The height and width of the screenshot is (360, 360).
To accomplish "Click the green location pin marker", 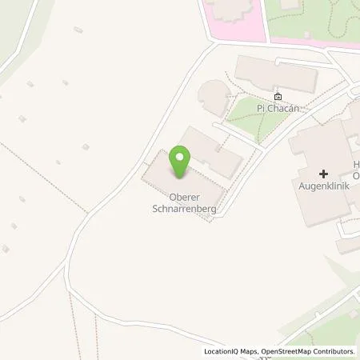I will pyautogui.click(x=180, y=162).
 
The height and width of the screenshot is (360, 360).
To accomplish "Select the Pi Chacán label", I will pyautogui.click(x=277, y=106).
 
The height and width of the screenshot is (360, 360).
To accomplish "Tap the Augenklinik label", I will pyautogui.click(x=323, y=186).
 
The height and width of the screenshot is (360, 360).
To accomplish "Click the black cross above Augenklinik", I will pyautogui.click(x=323, y=174).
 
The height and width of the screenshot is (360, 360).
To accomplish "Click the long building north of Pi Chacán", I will pyautogui.click(x=276, y=74).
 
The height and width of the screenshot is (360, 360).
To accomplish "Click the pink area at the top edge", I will pyautogui.click(x=232, y=20).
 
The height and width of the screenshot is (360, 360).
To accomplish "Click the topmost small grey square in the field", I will pyautogui.click(x=78, y=30).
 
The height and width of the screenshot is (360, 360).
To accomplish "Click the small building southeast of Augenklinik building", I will pyautogui.click(x=349, y=245).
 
